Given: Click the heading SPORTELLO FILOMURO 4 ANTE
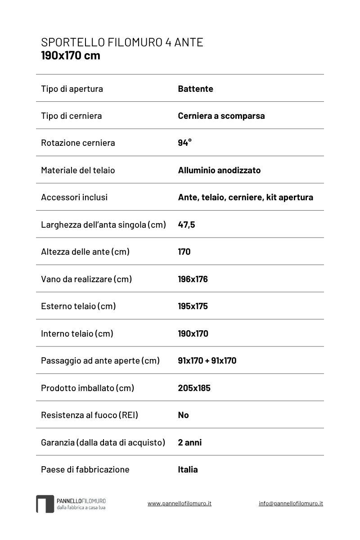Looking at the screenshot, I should point(122,42).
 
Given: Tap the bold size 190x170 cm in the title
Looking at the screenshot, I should point(71,56).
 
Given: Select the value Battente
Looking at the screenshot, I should point(195,89).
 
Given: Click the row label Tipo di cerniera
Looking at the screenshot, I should point(71,116).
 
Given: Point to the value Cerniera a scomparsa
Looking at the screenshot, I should point(221,116).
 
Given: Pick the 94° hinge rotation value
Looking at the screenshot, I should point(184,143).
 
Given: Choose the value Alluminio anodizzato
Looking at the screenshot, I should point(219,170).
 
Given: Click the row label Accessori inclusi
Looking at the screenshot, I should point(74,197).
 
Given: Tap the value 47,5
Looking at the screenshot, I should point(186,225).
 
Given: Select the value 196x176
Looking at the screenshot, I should point(193,279).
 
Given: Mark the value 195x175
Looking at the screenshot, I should point(193,306).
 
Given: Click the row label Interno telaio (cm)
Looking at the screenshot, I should point(77,333).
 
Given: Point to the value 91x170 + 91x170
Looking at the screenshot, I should point(207,360).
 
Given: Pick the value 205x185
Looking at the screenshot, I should point(194,388).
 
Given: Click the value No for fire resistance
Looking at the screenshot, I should point(183,415).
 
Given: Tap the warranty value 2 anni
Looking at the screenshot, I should point(189,442).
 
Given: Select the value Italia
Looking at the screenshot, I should point(188,469).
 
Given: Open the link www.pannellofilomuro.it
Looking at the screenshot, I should point(179,504).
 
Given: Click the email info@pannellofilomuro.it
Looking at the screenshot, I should point(291,504).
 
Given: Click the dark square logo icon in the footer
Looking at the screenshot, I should point(45,504).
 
